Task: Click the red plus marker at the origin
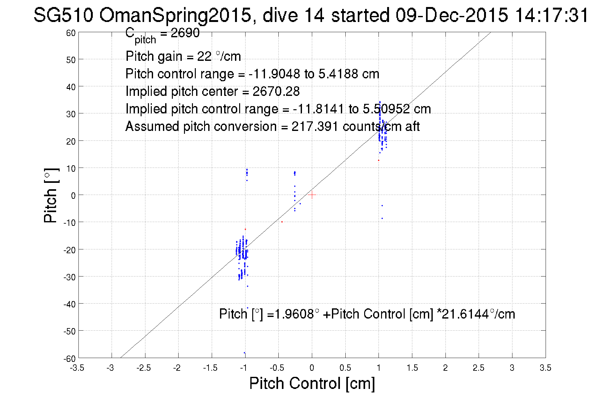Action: click(x=312, y=195)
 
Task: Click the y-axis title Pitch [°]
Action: click(x=51, y=195)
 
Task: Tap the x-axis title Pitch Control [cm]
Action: click(x=312, y=383)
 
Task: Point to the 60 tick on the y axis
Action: click(x=71, y=33)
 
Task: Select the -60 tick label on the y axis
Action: click(x=70, y=359)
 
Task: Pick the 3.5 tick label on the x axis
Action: click(x=545, y=368)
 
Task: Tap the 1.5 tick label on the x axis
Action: click(x=412, y=368)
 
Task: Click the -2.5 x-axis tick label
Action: click(x=143, y=368)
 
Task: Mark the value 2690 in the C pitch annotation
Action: click(x=185, y=33)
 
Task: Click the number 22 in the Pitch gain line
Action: click(x=204, y=56)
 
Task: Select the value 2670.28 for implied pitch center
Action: click(x=276, y=91)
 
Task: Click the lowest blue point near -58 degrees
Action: click(x=245, y=353)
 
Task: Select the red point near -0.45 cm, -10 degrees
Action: click(x=282, y=222)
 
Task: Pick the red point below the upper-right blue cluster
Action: click(x=379, y=160)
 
